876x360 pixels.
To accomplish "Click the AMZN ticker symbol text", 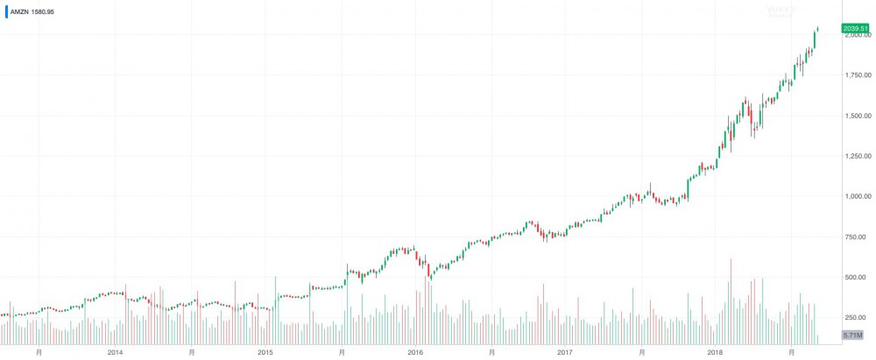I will click(x=18, y=12).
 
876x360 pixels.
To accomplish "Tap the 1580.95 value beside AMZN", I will click(x=42, y=12).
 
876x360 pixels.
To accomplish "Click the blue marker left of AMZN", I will click(x=5, y=12).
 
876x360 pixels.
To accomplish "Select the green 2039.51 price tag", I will click(x=855, y=29).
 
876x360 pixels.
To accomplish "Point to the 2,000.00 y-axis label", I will click(x=855, y=36).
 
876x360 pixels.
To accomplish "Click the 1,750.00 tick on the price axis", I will click(x=855, y=75).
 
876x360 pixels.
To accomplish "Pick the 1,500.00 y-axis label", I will click(x=855, y=116).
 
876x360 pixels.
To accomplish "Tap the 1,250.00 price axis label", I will click(x=855, y=156).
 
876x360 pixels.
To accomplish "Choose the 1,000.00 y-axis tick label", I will click(x=855, y=196).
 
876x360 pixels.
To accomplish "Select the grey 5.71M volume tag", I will click(x=854, y=335).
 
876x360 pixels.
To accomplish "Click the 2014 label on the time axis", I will click(x=115, y=352).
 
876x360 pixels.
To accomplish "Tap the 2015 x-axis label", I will click(x=265, y=352).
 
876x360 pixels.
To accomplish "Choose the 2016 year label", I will click(x=415, y=352).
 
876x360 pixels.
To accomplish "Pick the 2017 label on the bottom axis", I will click(x=565, y=352).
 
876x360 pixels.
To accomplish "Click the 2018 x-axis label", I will click(x=716, y=352).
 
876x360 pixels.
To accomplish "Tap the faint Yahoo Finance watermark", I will click(x=780, y=11).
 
